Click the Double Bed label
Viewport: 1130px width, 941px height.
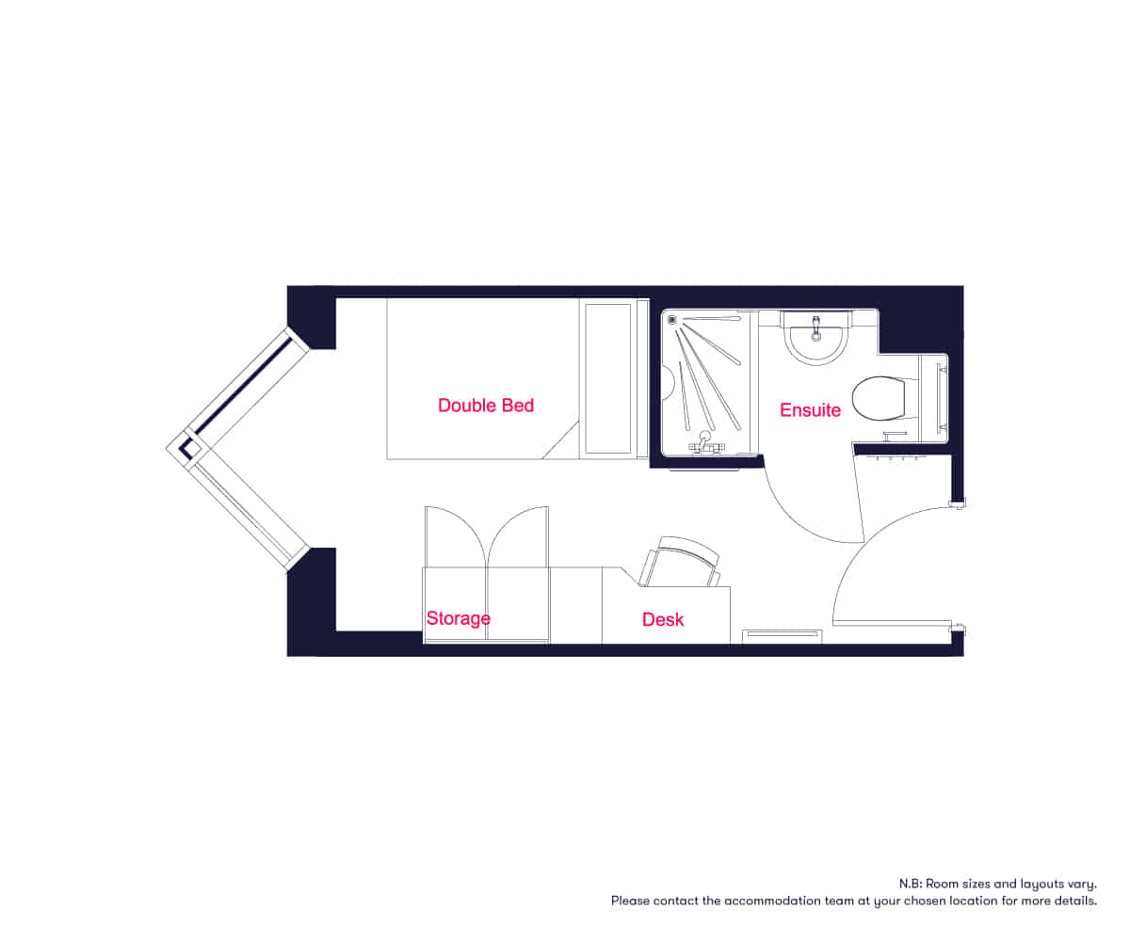tap(486, 406)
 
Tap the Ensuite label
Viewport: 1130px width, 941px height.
tap(810, 410)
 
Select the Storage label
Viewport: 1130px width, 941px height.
tap(459, 618)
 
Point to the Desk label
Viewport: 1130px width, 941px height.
tap(663, 619)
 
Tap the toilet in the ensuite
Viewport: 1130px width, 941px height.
tap(877, 398)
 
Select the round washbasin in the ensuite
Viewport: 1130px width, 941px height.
tap(816, 340)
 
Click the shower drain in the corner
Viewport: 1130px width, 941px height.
tap(672, 320)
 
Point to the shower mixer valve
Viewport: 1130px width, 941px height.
tap(703, 443)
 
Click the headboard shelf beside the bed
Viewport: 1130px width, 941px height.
tap(607, 377)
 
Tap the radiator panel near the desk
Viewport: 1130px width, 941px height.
tap(782, 635)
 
